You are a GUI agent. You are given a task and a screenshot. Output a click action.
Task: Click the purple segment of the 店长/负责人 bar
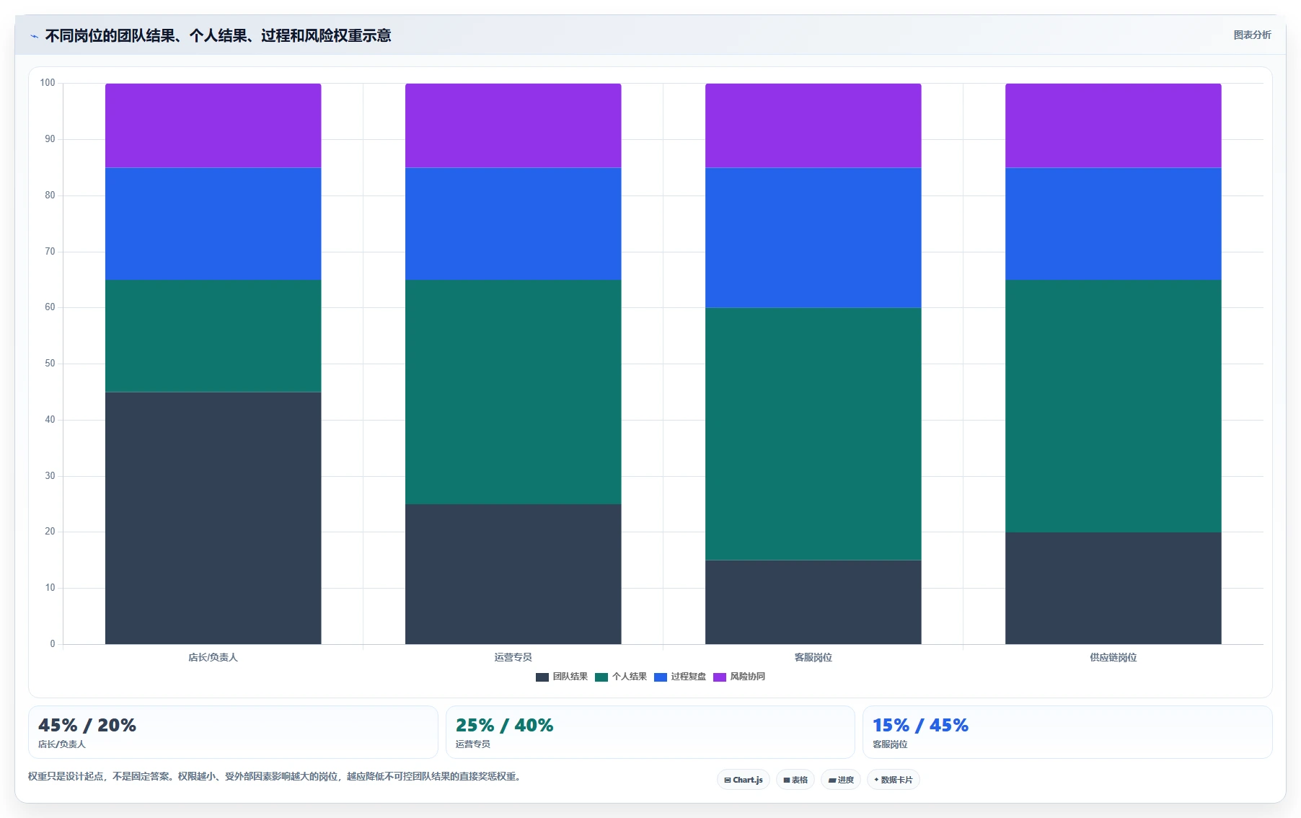(213, 126)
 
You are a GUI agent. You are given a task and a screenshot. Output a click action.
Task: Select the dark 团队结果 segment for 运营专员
(513, 574)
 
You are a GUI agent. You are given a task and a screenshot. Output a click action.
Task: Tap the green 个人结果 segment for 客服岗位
(813, 434)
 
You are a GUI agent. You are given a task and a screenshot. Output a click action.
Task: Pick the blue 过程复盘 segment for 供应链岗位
(1113, 224)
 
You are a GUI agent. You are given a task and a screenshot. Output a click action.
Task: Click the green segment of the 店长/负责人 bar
(213, 336)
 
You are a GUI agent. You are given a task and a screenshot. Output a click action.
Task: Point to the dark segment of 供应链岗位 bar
(1113, 588)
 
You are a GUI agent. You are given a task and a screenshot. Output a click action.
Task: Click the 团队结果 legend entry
(562, 677)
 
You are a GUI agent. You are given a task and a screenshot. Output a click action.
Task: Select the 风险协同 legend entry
(739, 677)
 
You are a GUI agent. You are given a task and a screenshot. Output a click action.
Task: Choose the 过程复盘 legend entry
(680, 677)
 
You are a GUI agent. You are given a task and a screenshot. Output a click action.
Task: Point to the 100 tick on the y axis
(48, 83)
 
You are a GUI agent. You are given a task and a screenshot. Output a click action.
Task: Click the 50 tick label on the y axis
(50, 364)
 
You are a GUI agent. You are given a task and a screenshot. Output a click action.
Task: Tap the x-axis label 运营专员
(513, 657)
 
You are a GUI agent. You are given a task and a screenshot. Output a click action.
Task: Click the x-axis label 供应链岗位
(1113, 657)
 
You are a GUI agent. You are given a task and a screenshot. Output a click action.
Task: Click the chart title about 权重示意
(218, 35)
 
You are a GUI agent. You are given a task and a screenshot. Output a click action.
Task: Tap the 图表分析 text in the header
(1252, 35)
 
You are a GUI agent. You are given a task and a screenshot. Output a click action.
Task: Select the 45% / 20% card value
(87, 725)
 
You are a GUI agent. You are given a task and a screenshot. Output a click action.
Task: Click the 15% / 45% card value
(920, 725)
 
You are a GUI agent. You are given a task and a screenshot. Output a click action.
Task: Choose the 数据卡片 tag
(893, 780)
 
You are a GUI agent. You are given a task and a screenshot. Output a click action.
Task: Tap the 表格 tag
(795, 780)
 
